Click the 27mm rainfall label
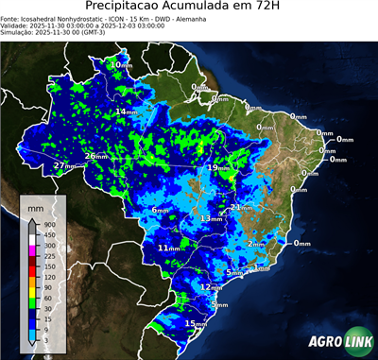coord(63,165)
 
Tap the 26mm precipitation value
coord(95,156)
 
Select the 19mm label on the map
coord(218,167)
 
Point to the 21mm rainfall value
coord(241,207)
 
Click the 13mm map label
coord(210,218)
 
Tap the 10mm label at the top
coord(120,64)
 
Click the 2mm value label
coord(255,244)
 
